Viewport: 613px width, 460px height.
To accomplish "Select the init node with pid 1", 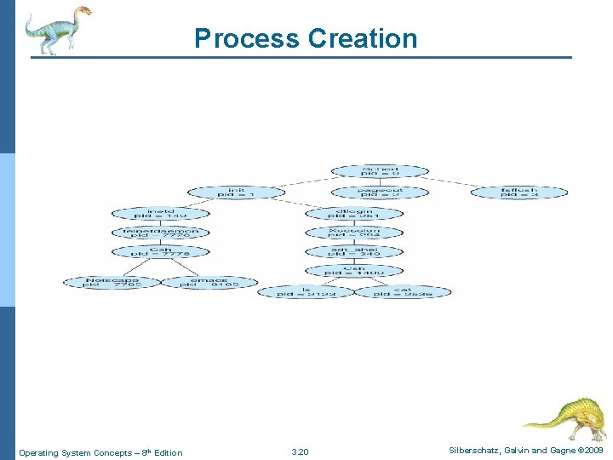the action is point(236,193).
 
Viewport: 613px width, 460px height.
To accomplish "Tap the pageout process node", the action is point(380,193).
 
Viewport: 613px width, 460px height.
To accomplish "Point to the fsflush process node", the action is point(518,193).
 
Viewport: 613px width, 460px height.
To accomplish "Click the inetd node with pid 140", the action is point(160,213).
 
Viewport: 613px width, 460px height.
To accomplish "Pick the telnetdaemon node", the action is point(160,233).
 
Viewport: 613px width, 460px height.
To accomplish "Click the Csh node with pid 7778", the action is point(160,252).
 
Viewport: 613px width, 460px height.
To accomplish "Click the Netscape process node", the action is point(112,282).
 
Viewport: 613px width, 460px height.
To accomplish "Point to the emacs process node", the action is point(209,282).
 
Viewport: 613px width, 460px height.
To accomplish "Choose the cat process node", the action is point(403,291).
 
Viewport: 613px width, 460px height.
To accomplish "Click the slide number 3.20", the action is point(300,452).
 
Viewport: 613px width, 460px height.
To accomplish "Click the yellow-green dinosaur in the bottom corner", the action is point(565,417).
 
